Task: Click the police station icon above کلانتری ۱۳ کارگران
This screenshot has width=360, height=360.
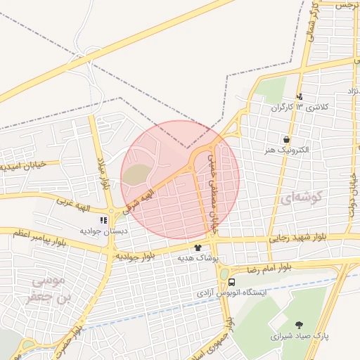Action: click(x=300, y=97)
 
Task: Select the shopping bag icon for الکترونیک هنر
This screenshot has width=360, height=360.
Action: click(x=287, y=139)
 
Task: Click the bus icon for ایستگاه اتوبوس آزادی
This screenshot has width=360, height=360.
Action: click(x=232, y=282)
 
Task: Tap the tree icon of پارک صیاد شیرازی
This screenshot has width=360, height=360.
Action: click(x=300, y=325)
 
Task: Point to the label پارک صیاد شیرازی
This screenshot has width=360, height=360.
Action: click(x=300, y=336)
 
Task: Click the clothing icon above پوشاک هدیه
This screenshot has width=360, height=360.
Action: click(x=198, y=247)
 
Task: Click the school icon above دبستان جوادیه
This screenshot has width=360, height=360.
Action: click(x=103, y=219)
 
